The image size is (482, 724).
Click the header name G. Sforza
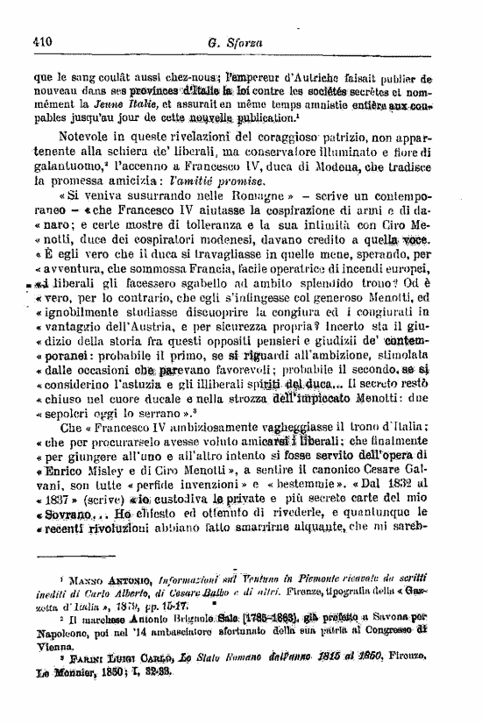[x=232, y=39]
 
